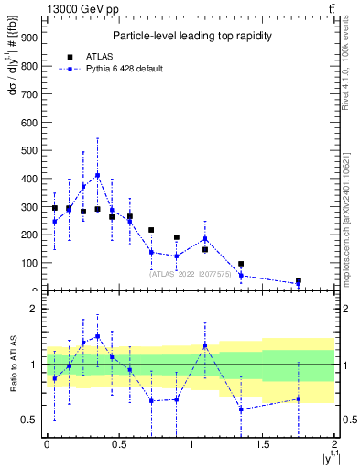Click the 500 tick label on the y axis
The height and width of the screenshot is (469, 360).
[28, 149]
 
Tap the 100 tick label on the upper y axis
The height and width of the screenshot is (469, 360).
[28, 263]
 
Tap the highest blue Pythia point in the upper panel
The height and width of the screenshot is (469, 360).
[98, 175]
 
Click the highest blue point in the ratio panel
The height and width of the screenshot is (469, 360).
[98, 336]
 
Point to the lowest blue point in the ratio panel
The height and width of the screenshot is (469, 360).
[241, 409]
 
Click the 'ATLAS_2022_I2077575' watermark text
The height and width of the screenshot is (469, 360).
[191, 273]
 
